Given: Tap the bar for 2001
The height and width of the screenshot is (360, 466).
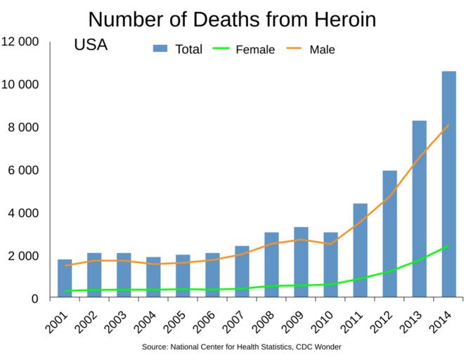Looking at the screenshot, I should (x=65, y=278).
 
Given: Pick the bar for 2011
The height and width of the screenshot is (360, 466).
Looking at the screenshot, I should (x=360, y=250).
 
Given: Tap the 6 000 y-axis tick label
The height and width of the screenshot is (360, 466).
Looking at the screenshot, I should (x=22, y=170).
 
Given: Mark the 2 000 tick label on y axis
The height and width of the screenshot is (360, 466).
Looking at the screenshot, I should (x=22, y=255).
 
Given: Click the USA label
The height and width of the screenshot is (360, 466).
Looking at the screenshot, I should (x=90, y=46).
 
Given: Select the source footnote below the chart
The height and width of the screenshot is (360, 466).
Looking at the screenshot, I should (x=241, y=347).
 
